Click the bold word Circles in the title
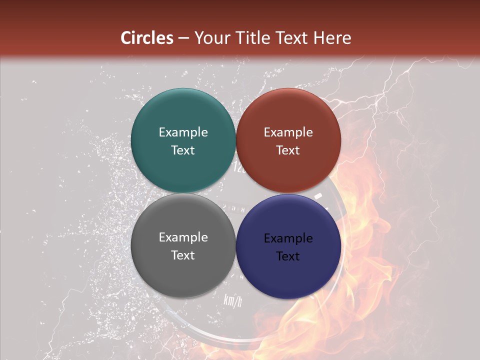pos(147,38)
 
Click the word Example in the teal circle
pos(183,132)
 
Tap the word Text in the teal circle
pos(183,150)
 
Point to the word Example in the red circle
pos(288,132)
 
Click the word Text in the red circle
pos(288,150)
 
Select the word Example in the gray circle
pos(183,237)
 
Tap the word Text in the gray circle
pos(183,255)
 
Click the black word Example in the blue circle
pos(288,238)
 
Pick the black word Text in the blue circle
pos(288,256)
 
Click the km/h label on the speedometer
pos(232,300)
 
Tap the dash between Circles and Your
pos(183,38)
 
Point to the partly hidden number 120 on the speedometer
pos(239,169)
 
